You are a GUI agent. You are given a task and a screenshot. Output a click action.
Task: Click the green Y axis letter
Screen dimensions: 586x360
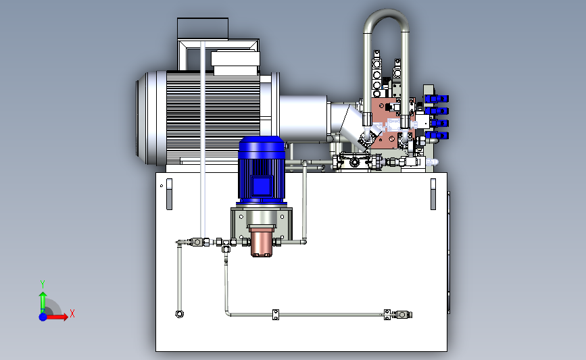click(43, 284)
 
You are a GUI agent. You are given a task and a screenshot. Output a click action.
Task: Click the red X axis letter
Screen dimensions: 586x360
click(72, 313)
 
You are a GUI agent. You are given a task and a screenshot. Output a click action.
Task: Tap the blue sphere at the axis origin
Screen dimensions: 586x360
click(43, 317)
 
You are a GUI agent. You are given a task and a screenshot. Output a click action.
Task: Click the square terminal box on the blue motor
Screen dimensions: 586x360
click(262, 186)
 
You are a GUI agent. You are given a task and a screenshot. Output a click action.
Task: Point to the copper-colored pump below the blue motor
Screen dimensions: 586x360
click(262, 242)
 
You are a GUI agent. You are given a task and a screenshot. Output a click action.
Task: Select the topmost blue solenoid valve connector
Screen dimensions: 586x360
click(437, 99)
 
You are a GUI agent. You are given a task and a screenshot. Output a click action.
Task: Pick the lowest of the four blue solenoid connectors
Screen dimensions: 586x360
click(437, 135)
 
